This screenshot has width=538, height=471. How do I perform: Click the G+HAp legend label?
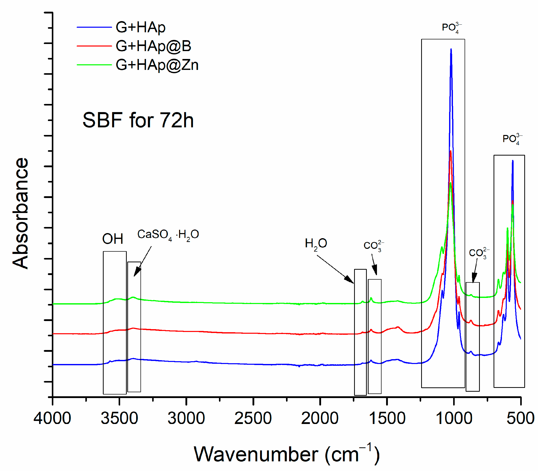tap(140, 27)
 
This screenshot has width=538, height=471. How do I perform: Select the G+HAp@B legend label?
tap(153, 46)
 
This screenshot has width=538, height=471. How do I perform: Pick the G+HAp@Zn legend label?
tap(157, 65)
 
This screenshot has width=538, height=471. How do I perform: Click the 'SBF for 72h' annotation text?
tap(138, 120)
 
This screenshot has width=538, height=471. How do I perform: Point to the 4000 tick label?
tap(52, 418)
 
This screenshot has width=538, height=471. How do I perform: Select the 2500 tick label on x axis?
tap(253, 418)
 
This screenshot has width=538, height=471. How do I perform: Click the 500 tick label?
tap(520, 418)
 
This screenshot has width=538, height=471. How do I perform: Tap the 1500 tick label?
tap(387, 418)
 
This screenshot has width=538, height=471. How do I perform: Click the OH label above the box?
tap(113, 239)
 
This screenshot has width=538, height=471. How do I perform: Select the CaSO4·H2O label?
tap(168, 235)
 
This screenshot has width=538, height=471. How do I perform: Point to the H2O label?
tap(316, 244)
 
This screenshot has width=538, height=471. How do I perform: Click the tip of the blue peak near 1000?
tap(451, 49)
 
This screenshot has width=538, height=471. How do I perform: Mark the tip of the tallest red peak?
tap(451, 151)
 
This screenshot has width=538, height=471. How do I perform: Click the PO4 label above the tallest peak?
tap(451, 28)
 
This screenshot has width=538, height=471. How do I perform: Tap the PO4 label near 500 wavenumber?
tap(512, 139)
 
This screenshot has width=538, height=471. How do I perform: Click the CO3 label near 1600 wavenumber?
tap(373, 246)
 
